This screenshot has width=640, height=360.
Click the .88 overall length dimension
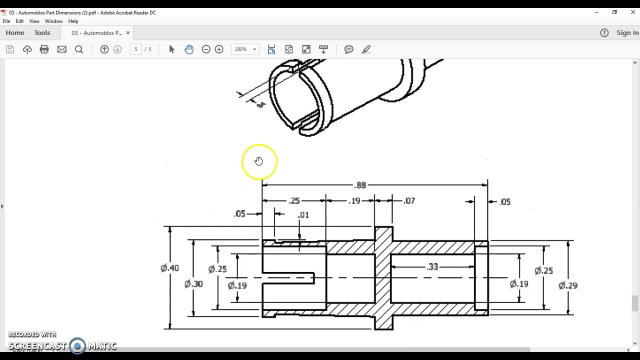click(360, 185)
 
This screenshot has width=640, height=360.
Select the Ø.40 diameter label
click(170, 268)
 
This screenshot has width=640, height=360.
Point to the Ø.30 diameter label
click(193, 284)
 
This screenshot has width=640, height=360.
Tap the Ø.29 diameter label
click(568, 285)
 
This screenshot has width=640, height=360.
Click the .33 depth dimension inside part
click(432, 267)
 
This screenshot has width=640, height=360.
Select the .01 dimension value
click(303, 215)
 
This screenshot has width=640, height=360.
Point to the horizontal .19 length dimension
click(354, 201)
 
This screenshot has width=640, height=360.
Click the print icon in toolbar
click(44, 49)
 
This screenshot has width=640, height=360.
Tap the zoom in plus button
click(219, 49)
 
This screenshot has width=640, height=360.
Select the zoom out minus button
click(206, 49)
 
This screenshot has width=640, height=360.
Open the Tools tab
click(42, 32)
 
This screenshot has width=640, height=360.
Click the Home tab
click(15, 32)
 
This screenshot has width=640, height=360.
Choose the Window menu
click(53, 21)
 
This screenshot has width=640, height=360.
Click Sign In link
click(627, 32)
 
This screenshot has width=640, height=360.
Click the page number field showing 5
click(135, 49)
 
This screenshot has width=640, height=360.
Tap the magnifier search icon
click(79, 49)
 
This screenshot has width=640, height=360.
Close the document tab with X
click(127, 32)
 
